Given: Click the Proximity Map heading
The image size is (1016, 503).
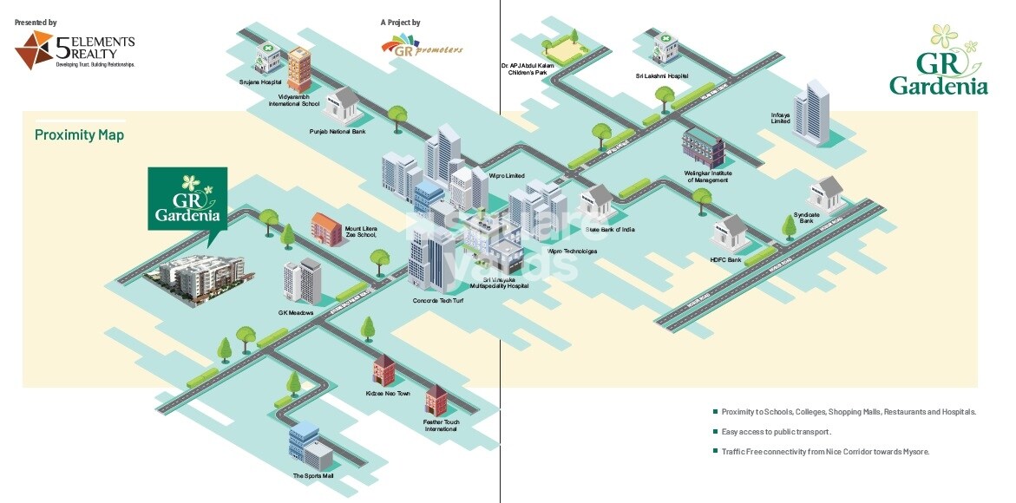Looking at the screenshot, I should tap(79, 135).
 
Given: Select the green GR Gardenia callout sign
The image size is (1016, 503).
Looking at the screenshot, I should tap(187, 198).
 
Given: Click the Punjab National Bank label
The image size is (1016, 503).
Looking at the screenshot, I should tap(338, 132).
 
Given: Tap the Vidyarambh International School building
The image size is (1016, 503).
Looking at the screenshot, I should tap(299, 69).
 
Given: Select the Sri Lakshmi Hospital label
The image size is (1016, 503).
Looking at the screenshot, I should tap(661, 76).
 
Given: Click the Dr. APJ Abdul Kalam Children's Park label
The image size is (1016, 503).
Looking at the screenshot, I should tap(527, 69).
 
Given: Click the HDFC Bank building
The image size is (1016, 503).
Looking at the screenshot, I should tap(729, 234).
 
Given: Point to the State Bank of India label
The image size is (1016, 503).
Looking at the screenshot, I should tap(610, 229).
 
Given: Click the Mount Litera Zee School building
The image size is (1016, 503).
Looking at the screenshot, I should tap(327, 229).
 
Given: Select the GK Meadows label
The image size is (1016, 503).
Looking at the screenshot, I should tap(295, 312).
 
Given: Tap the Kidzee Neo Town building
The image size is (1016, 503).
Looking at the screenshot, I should tap(383, 370).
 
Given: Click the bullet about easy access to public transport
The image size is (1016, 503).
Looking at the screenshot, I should tap(777, 432).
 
